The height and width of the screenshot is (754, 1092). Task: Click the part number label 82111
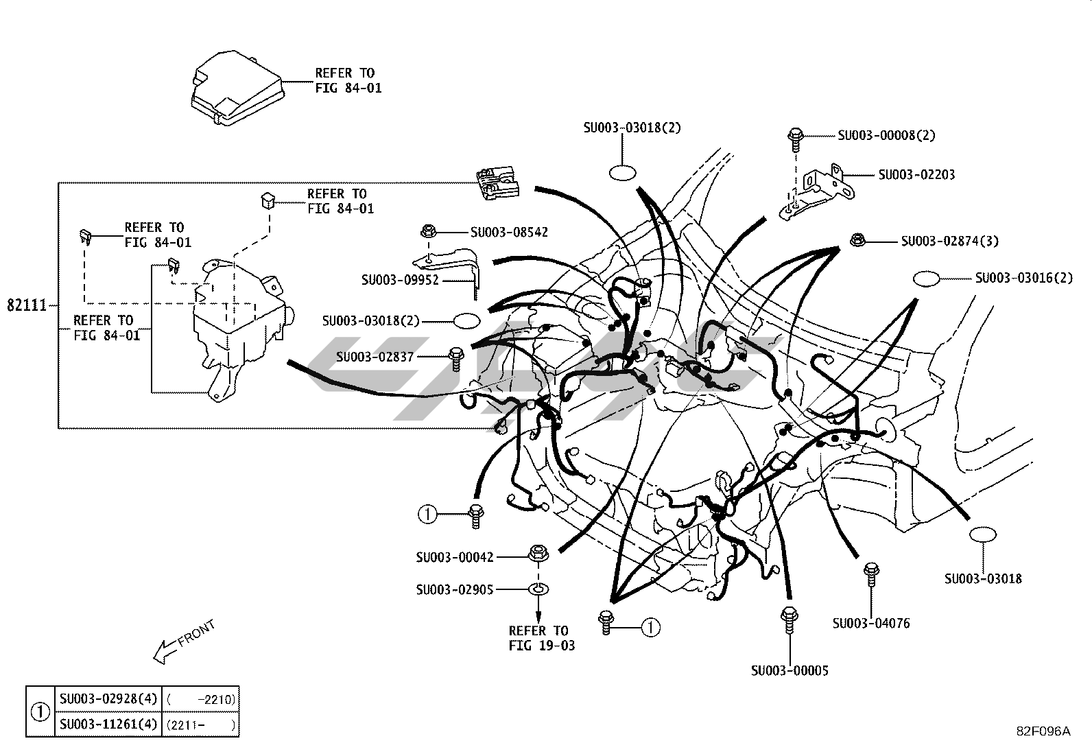coord(26,305)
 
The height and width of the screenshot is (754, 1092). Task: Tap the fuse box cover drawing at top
coord(237,89)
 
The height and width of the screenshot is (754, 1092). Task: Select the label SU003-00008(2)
coord(886,135)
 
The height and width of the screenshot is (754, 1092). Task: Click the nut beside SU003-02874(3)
coord(857,240)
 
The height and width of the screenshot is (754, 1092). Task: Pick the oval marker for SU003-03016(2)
coord(926,279)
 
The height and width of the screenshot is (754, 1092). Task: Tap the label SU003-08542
coord(509,232)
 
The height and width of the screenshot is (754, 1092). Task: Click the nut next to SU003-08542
coord(428,231)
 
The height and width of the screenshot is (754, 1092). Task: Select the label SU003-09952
coord(400,280)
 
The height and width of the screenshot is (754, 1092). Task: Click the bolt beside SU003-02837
coord(456,360)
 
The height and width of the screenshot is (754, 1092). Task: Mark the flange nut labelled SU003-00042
coord(538,553)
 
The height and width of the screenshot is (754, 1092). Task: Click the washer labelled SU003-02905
coord(538,589)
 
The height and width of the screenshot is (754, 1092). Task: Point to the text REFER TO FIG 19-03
coord(542,638)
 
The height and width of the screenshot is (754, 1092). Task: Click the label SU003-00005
coord(790,670)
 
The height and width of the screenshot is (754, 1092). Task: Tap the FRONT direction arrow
coord(183,641)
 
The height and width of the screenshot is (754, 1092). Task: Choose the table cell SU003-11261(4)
coord(108,724)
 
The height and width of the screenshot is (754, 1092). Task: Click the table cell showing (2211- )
coord(200,724)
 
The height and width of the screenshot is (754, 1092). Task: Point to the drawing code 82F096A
coord(1043,731)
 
